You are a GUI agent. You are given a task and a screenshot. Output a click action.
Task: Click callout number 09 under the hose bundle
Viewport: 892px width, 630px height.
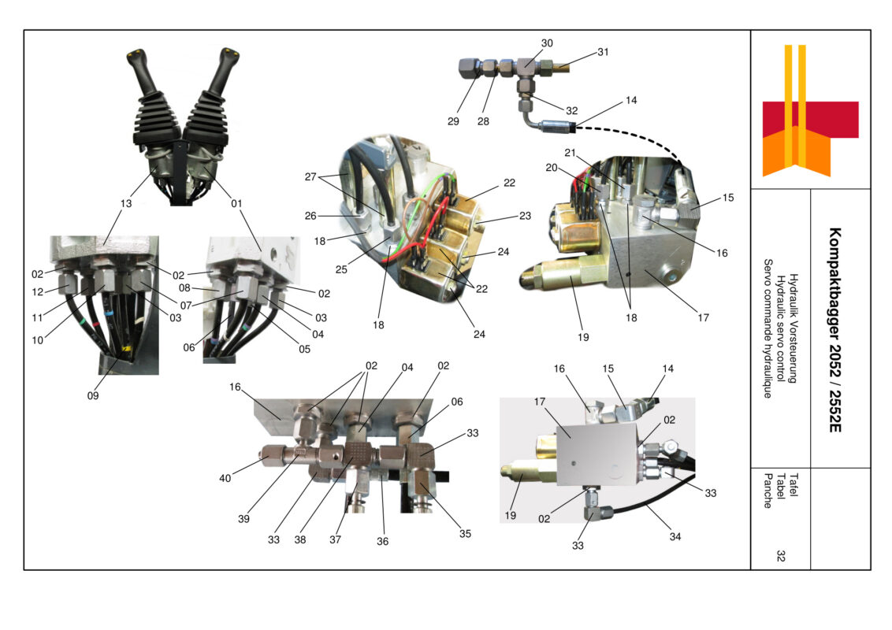[93, 396]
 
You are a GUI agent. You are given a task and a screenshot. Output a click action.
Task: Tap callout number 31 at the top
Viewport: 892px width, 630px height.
[603, 53]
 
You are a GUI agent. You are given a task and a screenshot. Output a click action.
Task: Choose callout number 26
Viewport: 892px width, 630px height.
[311, 214]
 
